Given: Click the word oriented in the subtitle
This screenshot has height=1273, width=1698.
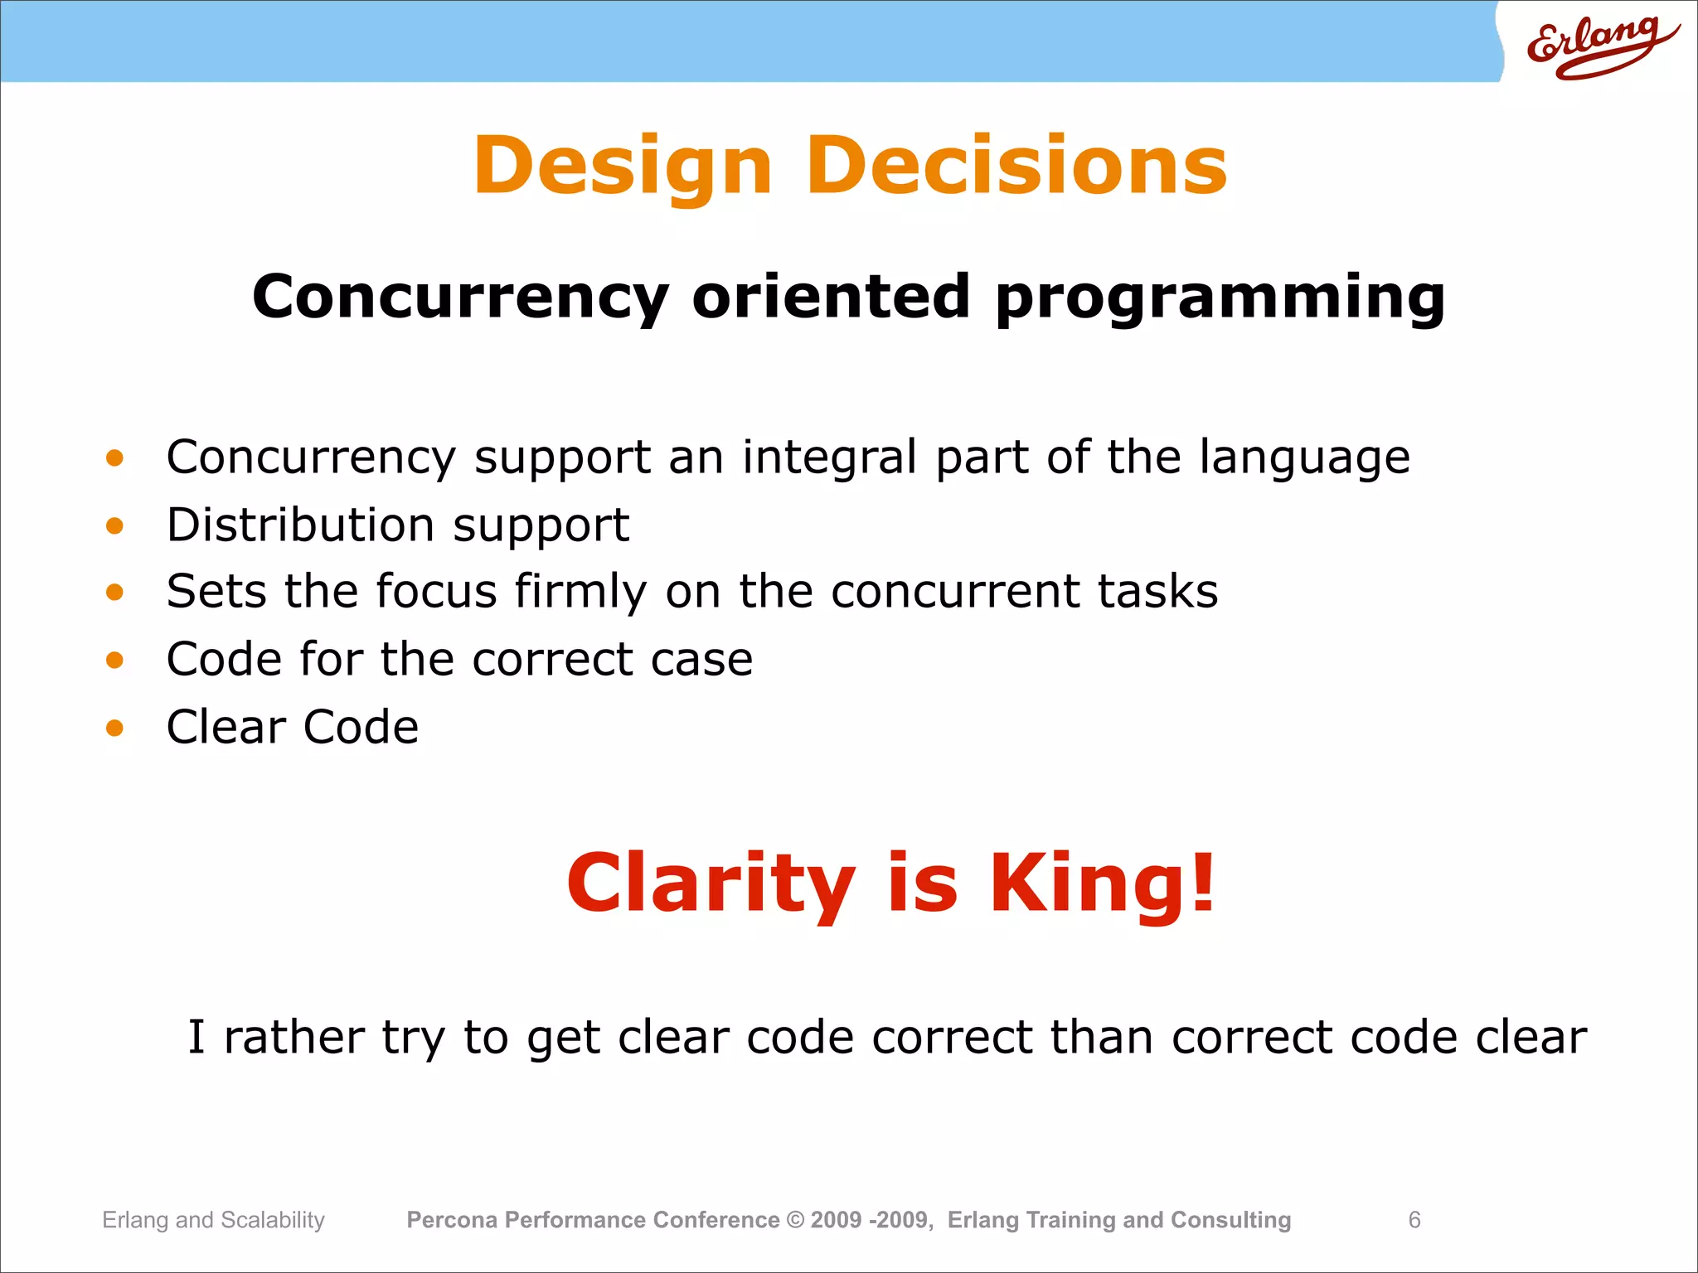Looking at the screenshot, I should [x=831, y=297].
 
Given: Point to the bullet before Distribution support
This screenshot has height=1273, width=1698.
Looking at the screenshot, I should [x=114, y=525].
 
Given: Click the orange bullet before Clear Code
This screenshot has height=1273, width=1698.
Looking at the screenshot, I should [x=114, y=728].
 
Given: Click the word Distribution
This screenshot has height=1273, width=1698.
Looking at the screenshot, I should [x=300, y=525].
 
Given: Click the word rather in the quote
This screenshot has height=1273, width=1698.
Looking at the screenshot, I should [x=294, y=1038].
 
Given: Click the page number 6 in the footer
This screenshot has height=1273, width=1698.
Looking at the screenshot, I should [x=1414, y=1220].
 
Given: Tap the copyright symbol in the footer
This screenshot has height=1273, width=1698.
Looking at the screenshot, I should [x=795, y=1220].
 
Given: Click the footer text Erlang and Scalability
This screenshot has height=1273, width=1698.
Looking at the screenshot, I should [x=213, y=1220].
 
